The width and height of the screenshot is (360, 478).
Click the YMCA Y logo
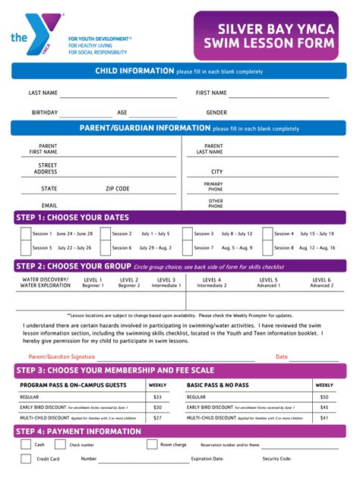pyautogui.click(x=37, y=33)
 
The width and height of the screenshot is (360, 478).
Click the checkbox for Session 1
pyautogui.click(x=25, y=234)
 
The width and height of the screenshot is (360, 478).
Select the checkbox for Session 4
pyautogui.click(x=267, y=234)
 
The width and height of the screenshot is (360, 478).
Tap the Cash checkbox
pyautogui.click(x=25, y=445)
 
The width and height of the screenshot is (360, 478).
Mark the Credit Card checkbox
pyautogui.click(x=25, y=458)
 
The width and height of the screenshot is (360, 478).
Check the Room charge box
pyautogui.click(x=152, y=445)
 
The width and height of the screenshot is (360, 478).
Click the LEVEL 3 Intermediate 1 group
pyautogui.click(x=166, y=282)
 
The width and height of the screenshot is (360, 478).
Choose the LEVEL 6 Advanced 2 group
pyautogui.click(x=321, y=282)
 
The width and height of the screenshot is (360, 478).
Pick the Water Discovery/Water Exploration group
pyautogui.click(x=45, y=282)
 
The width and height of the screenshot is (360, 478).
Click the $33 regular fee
pyautogui.click(x=157, y=397)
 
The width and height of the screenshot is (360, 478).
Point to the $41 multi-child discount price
pyautogui.click(x=324, y=417)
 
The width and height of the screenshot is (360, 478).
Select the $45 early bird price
pyautogui.click(x=324, y=407)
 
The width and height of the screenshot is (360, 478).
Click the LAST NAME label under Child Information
pyautogui.click(x=43, y=93)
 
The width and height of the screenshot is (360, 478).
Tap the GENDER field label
pyautogui.click(x=216, y=112)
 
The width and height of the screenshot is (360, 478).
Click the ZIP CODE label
pyautogui.click(x=117, y=188)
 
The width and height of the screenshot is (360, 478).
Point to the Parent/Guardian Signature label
pyautogui.click(x=62, y=356)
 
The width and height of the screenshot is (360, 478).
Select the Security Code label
pyautogui.click(x=276, y=458)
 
